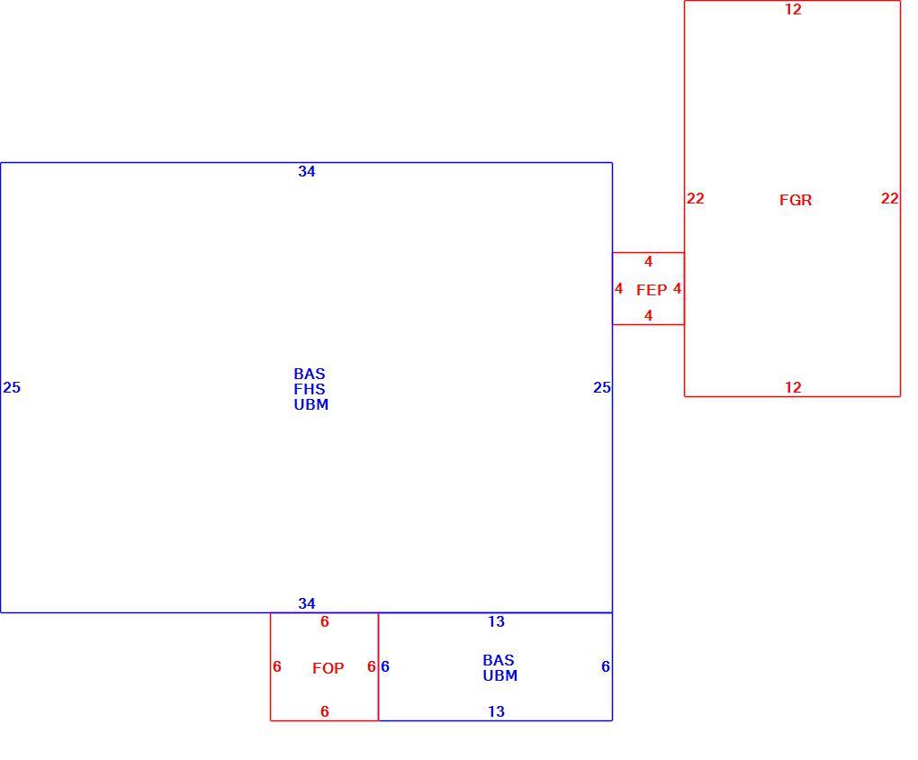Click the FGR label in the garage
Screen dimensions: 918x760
[x=795, y=201]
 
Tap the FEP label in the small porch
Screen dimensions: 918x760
[x=652, y=290]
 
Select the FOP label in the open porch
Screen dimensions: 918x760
[x=328, y=668]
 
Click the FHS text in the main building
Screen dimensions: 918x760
[x=309, y=389]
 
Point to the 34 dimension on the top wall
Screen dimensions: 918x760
[x=307, y=172]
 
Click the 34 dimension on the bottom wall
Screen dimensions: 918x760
[x=307, y=603]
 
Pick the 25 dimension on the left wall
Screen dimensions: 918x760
[x=12, y=388]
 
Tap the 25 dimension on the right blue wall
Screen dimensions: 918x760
[x=602, y=388]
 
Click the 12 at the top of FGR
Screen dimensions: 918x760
[x=793, y=9]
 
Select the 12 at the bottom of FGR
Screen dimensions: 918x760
[x=793, y=387]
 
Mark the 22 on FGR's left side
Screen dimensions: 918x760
[x=696, y=199]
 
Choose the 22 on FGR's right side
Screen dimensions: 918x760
[x=890, y=199]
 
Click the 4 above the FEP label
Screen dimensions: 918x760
[x=649, y=262]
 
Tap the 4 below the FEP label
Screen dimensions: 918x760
[x=649, y=316]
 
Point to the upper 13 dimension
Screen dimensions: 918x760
[x=497, y=621]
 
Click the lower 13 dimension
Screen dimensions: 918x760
[x=497, y=712]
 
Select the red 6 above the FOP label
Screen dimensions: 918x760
[x=325, y=621]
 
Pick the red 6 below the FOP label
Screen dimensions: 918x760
[x=325, y=712]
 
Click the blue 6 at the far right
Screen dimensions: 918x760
[x=606, y=667]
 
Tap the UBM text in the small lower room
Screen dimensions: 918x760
[x=500, y=675]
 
